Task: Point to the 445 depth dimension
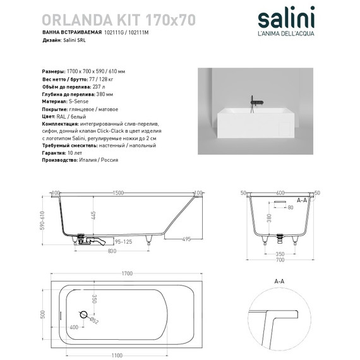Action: click(92, 217)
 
